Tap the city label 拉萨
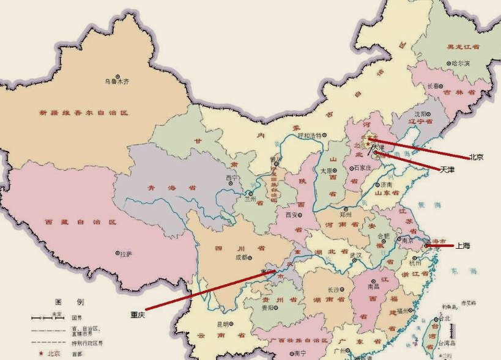(125, 254)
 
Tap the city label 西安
(292, 215)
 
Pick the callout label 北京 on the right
(477, 157)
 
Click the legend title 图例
(69, 302)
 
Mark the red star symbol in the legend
(41, 353)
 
